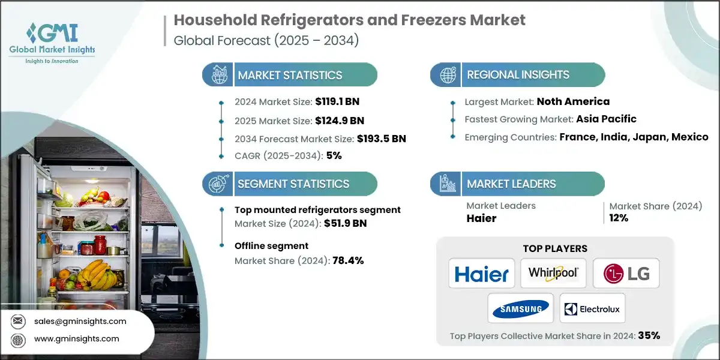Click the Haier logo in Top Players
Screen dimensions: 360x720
click(481, 274)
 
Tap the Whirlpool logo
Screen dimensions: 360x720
click(553, 274)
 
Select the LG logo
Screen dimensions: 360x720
click(625, 274)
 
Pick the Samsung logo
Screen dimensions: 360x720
click(520, 308)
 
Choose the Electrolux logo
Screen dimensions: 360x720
click(592, 309)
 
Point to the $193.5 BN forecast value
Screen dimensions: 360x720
click(381, 139)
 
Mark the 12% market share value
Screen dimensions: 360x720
click(619, 218)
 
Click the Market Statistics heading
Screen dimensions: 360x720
click(290, 75)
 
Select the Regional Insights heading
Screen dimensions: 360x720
click(518, 75)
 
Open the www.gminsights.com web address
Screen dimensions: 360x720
click(76, 339)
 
